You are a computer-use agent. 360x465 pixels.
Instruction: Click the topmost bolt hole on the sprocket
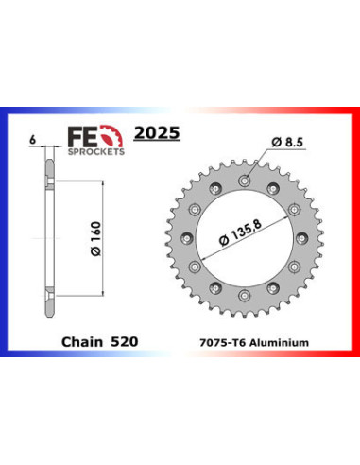coord(246,178)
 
